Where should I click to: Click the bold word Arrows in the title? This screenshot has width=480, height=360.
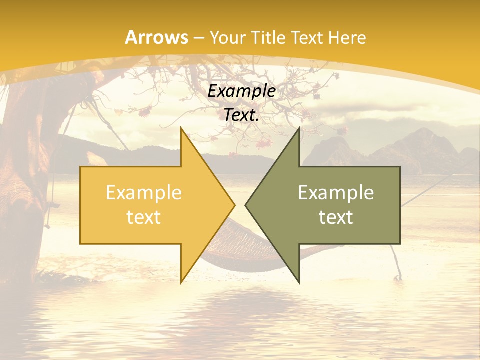[157, 37]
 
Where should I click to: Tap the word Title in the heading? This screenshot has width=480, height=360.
[268, 37]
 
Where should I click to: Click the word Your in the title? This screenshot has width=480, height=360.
[227, 37]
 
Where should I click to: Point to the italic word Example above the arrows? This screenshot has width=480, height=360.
[242, 91]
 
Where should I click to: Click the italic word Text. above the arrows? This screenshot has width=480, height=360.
[242, 115]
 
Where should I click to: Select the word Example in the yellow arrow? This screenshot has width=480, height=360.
[144, 192]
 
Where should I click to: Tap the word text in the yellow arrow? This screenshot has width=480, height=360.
[144, 217]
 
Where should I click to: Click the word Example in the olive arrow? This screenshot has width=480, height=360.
[336, 192]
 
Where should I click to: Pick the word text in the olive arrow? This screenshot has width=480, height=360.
[336, 217]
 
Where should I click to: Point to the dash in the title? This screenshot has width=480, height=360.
[198, 38]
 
